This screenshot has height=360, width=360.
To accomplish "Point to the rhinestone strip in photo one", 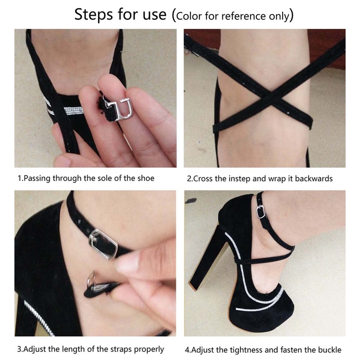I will point(67,111).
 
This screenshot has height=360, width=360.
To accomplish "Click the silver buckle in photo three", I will point(103,243).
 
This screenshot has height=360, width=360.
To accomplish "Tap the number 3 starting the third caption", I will point(19,349).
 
